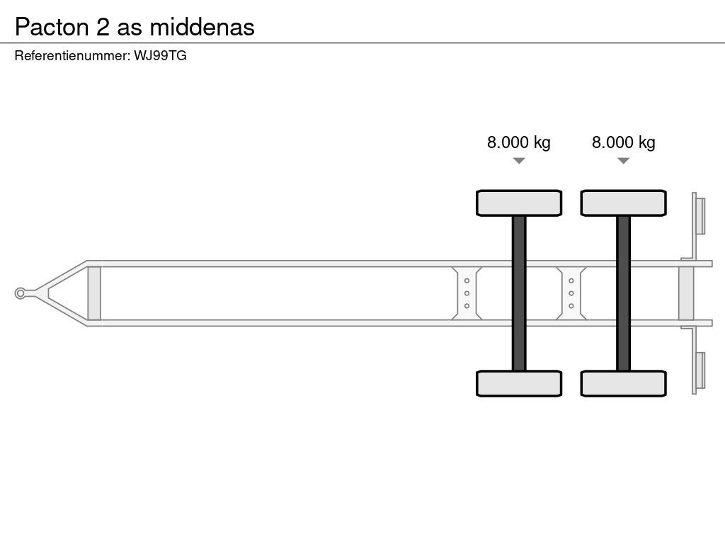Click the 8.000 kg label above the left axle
(518, 142)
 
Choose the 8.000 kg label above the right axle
(623, 142)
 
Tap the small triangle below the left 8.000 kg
(519, 161)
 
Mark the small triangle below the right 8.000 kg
(623, 161)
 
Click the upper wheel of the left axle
(519, 203)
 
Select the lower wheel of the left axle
(519, 383)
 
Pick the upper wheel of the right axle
(623, 203)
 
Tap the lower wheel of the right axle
(623, 383)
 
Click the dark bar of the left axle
(519, 293)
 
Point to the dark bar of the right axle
(623, 293)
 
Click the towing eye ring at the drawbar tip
(21, 293)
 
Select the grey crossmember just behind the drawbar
(94, 293)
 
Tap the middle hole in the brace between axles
(571, 293)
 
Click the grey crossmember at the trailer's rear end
(686, 293)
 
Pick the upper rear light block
(700, 216)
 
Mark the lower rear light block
(700, 370)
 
